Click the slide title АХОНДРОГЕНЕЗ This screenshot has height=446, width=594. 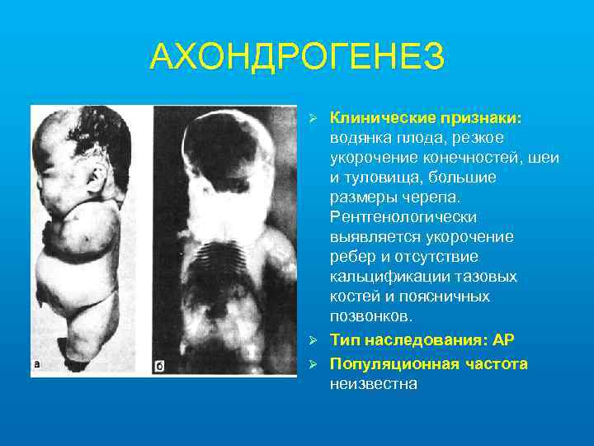tap(297, 57)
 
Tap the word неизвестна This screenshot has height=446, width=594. tap(373, 383)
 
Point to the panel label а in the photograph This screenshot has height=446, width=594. tap(37, 364)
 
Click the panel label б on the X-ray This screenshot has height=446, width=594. tap(160, 364)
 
